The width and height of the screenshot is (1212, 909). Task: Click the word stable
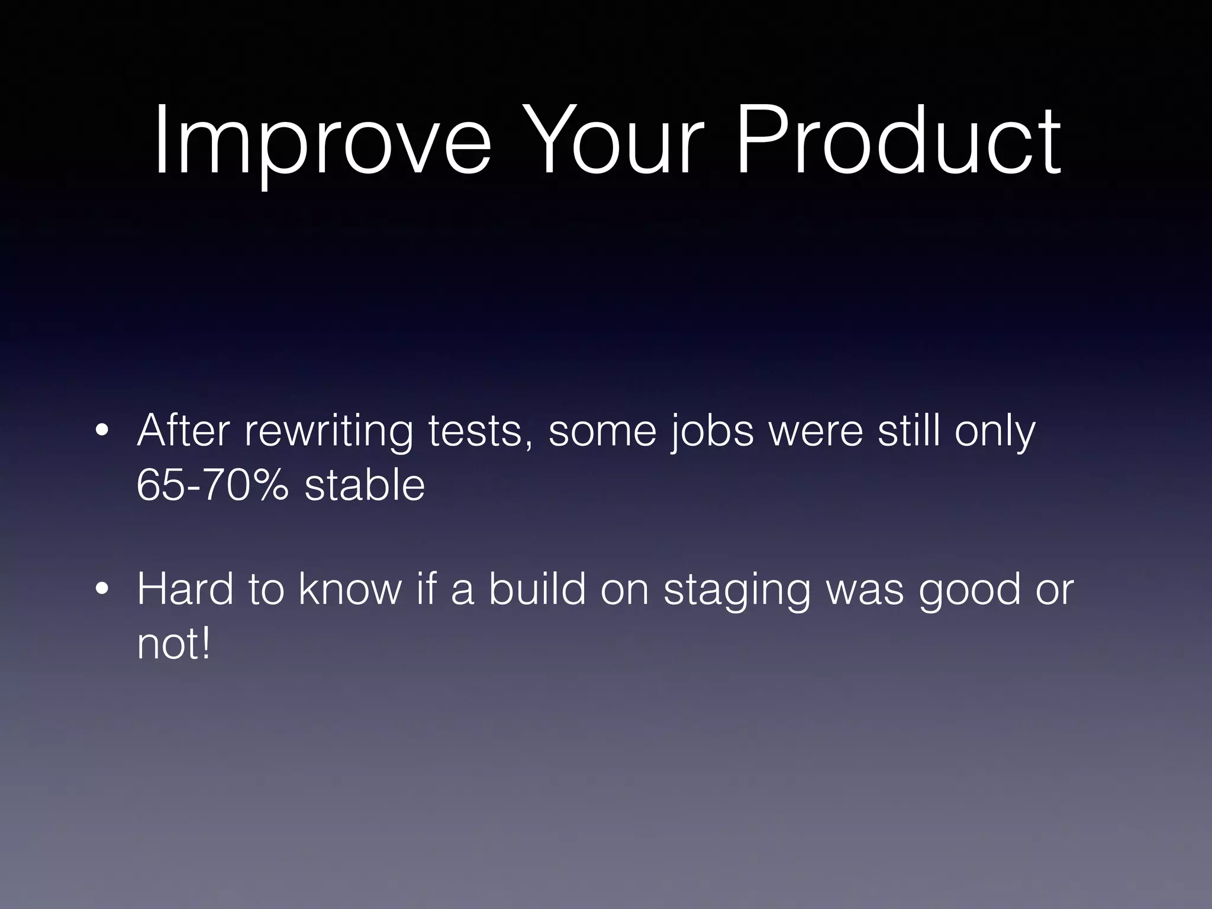365,485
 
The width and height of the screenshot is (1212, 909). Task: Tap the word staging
737,591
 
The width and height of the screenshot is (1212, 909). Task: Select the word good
970,591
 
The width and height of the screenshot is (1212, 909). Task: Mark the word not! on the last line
173,644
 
